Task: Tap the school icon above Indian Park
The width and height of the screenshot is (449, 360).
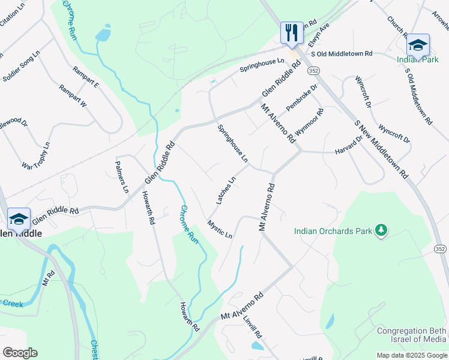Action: (x=417, y=45)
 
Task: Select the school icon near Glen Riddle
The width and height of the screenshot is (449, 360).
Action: (x=19, y=218)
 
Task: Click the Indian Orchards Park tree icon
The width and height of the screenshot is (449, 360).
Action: (x=380, y=230)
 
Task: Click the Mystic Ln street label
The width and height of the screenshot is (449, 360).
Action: (x=220, y=229)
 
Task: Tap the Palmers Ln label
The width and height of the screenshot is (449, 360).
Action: (x=121, y=177)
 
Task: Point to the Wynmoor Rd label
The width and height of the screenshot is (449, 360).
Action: (x=310, y=124)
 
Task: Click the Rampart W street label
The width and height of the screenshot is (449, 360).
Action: (x=73, y=96)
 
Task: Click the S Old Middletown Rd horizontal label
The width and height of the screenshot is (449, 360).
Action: (x=337, y=53)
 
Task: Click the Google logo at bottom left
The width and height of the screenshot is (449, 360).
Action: (x=20, y=353)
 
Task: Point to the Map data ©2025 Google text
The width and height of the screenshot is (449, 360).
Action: (x=412, y=355)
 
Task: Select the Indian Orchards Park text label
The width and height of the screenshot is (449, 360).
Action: (x=332, y=230)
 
